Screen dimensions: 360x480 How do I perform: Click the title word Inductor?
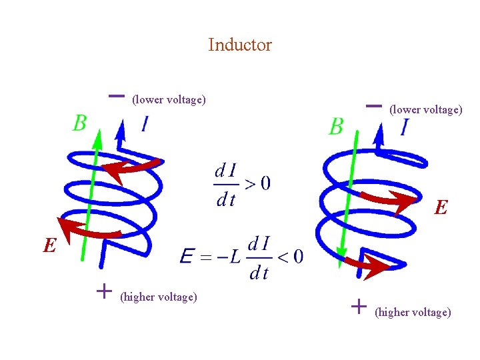coord(240,45)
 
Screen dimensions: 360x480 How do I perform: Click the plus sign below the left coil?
coord(103,291)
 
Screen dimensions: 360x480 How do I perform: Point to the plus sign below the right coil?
coord(359,306)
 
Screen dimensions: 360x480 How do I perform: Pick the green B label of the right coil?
coord(337,126)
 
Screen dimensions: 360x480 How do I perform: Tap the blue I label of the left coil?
coord(144,124)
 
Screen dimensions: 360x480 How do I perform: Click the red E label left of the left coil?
coord(49,247)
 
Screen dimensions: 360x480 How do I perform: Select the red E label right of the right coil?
coord(441,208)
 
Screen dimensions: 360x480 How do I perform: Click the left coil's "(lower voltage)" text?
coord(169,100)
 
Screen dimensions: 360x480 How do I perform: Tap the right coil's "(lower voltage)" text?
coord(425,109)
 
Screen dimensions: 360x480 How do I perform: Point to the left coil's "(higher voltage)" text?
coord(159,297)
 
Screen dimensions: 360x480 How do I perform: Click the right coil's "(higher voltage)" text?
coord(413,312)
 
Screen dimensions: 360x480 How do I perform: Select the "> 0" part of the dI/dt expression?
coord(257,183)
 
